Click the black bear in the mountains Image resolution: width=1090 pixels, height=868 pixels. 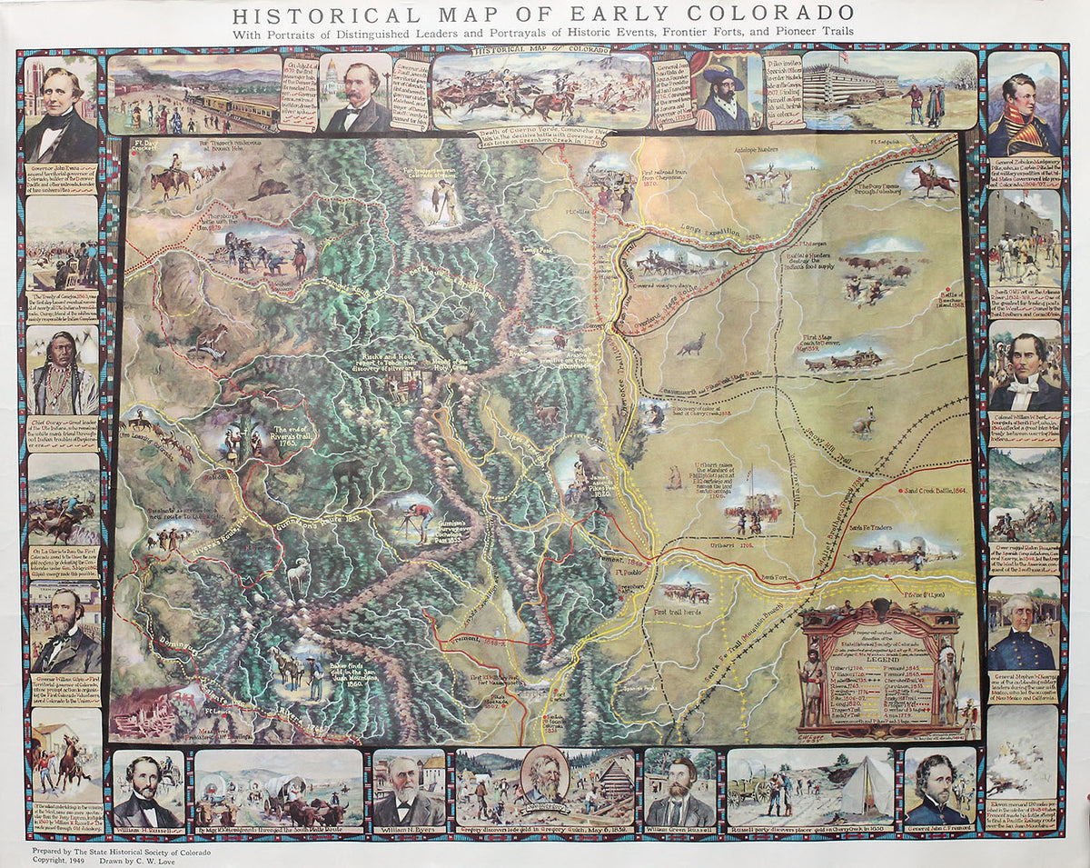(347, 472)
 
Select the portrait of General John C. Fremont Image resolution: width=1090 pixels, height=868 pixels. (938, 788)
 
